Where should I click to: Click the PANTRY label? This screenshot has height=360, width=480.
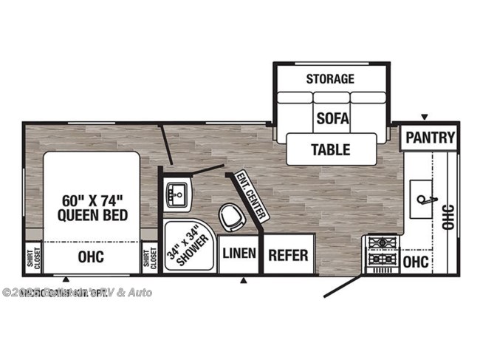pos(430,137)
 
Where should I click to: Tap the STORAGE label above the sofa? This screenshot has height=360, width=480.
pos(330,78)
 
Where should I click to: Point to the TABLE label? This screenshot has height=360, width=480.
pos(330,149)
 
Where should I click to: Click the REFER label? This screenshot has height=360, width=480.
pos(287,255)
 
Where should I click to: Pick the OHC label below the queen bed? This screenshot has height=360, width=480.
pos(92,257)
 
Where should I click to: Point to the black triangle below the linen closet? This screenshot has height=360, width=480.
pos(244,280)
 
